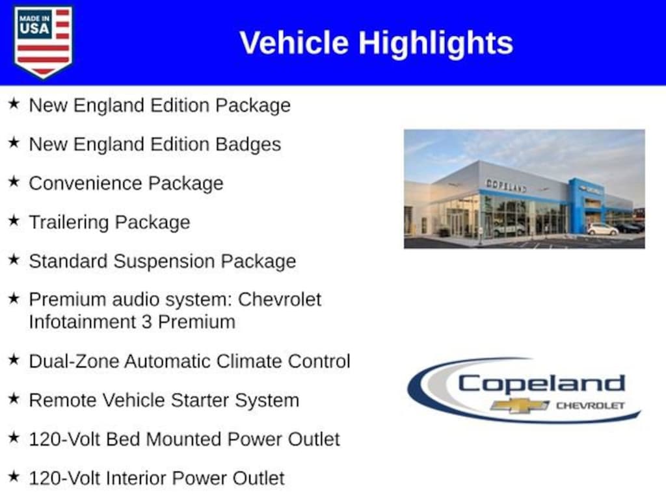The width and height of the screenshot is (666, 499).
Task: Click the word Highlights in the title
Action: coord(436,44)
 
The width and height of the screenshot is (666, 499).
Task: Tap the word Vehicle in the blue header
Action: coord(295,42)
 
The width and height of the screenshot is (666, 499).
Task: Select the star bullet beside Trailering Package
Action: coord(14,221)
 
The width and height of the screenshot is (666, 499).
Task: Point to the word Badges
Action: coord(248,145)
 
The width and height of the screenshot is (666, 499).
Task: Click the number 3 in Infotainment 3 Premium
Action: coord(146,322)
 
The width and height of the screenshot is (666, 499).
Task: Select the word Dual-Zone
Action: coord(74,361)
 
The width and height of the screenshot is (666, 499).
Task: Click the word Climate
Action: coord(249,361)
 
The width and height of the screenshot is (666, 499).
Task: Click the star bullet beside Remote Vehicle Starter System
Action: coord(14,399)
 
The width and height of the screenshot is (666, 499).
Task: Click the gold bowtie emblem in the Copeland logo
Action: coord(520,405)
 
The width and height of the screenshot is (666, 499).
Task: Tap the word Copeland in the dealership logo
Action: coord(541,383)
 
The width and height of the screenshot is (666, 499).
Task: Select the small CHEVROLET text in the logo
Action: coord(591,405)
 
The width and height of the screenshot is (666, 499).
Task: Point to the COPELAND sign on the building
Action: coord(506,186)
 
